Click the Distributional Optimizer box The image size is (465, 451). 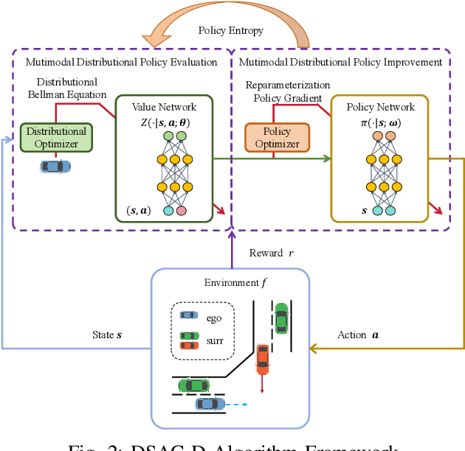[57, 138]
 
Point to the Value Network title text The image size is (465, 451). [164, 107]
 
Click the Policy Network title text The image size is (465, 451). [380, 107]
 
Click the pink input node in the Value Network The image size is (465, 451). [181, 211]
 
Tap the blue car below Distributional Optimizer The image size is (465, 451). [55, 167]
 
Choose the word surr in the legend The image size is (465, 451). [214, 340]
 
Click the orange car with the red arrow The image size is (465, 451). [262, 357]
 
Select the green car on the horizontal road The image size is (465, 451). [193, 384]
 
